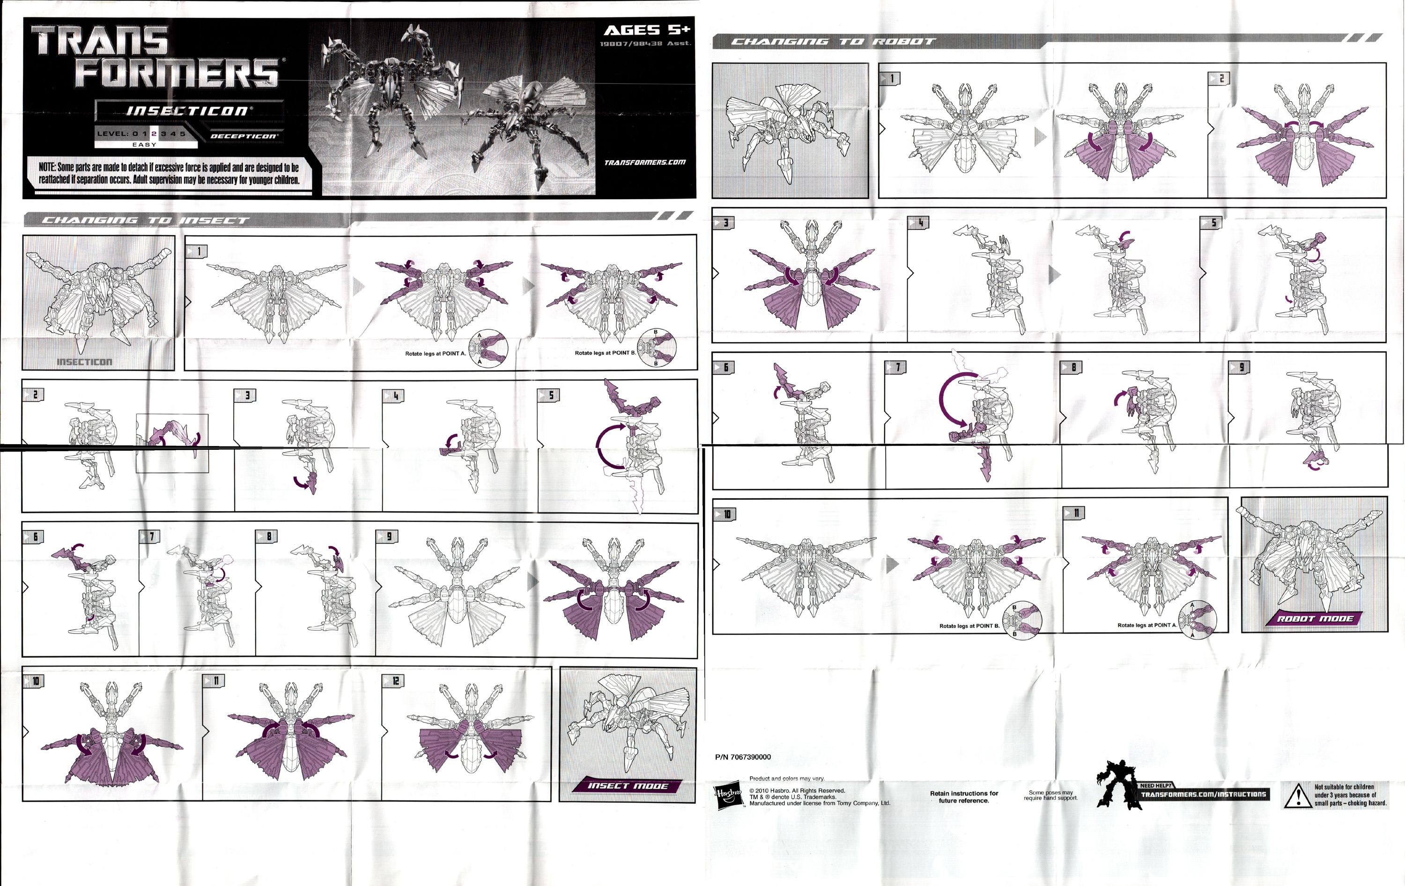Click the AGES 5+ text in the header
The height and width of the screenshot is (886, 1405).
point(646,30)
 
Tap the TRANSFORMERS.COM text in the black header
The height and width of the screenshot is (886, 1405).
point(645,162)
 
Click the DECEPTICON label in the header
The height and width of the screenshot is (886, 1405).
point(244,136)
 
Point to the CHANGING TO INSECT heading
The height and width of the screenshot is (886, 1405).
point(146,220)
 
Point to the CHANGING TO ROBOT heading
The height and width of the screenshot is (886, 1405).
point(833,41)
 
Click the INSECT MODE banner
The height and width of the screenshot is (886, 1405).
point(627,786)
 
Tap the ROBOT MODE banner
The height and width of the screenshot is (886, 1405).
point(1315,618)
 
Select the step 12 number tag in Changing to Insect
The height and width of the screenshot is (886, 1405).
point(394,681)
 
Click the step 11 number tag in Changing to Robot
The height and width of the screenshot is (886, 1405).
point(1075,513)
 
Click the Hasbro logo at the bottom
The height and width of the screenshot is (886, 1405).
point(729,796)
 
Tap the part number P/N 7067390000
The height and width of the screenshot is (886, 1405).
point(743,757)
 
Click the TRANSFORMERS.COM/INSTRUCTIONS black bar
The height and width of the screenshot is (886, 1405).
point(1203,794)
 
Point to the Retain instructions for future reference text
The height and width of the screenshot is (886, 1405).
point(964,797)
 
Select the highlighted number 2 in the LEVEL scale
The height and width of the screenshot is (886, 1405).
point(154,134)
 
